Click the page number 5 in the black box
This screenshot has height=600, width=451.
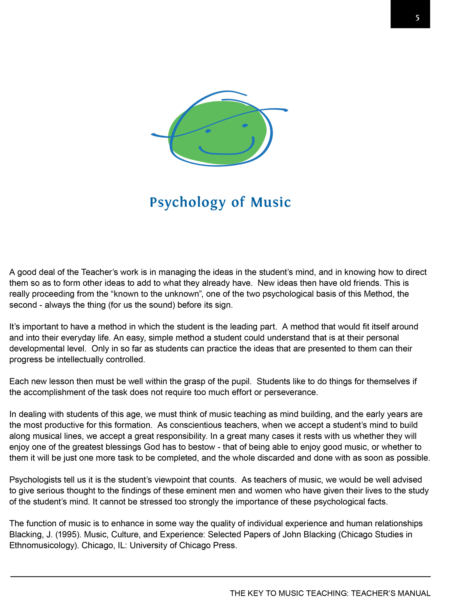tap(417, 18)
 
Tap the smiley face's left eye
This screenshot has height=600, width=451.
tap(208, 131)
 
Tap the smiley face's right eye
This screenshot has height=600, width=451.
tap(245, 125)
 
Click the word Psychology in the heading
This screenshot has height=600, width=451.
tap(187, 202)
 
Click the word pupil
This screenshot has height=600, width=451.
tap(239, 381)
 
